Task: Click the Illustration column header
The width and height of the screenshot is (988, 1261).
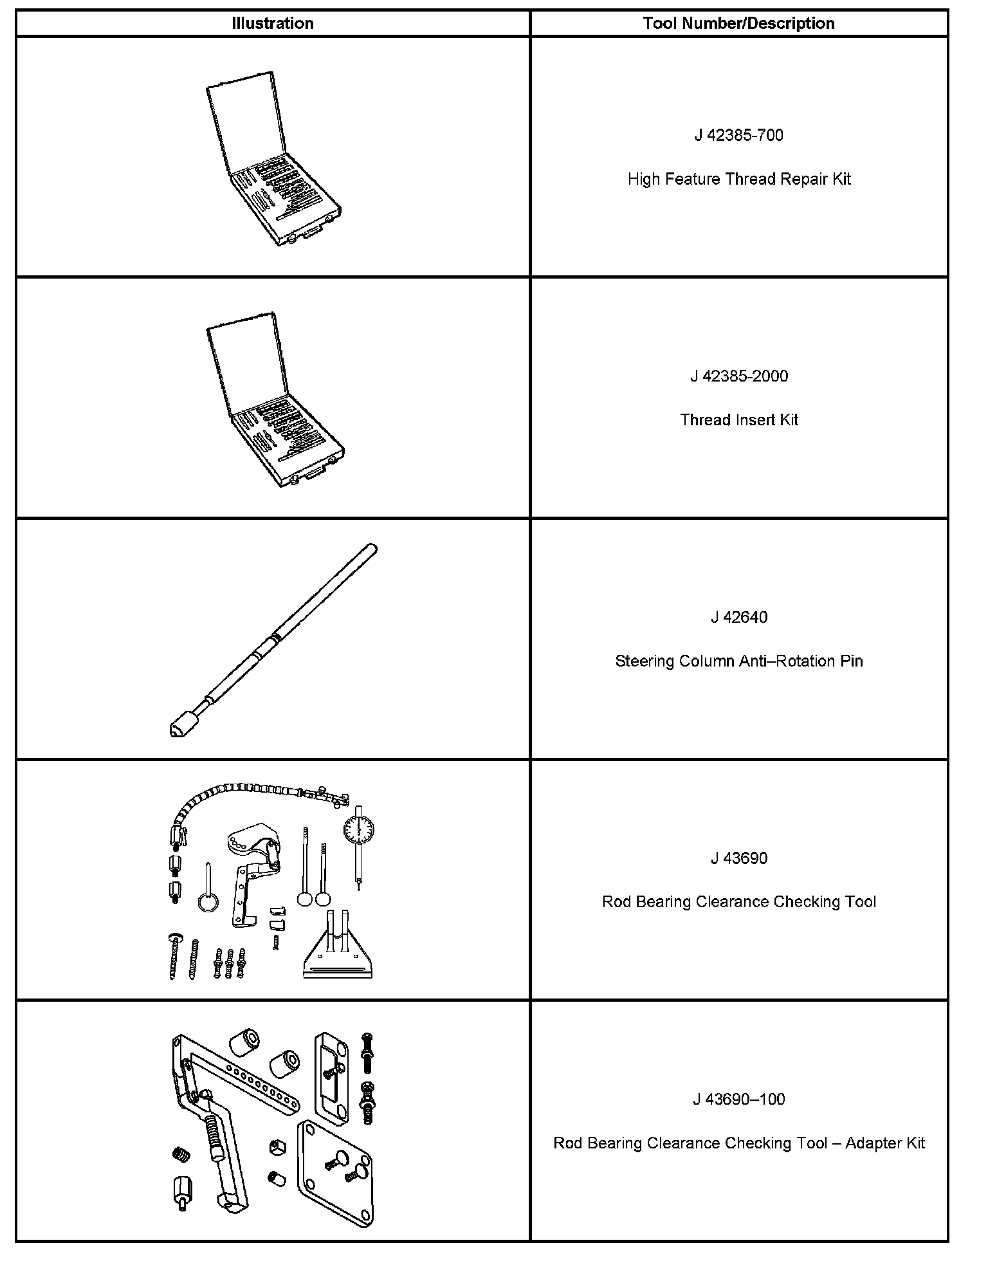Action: (273, 24)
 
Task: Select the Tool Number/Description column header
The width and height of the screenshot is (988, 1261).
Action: (738, 24)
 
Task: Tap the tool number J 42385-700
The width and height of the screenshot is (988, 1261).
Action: (738, 135)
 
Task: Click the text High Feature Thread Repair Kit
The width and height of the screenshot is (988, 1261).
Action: (738, 179)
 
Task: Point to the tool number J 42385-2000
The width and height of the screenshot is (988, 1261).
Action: (738, 376)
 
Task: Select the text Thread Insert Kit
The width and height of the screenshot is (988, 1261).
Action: (738, 420)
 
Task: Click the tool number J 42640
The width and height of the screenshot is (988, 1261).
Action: (738, 617)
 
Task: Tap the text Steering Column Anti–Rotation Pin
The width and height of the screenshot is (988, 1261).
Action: (738, 661)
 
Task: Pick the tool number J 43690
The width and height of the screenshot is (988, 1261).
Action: (738, 858)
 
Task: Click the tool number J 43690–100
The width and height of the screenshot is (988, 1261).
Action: (738, 1099)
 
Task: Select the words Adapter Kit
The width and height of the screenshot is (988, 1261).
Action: (884, 1143)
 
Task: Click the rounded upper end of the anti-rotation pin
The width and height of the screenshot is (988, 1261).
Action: (372, 549)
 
